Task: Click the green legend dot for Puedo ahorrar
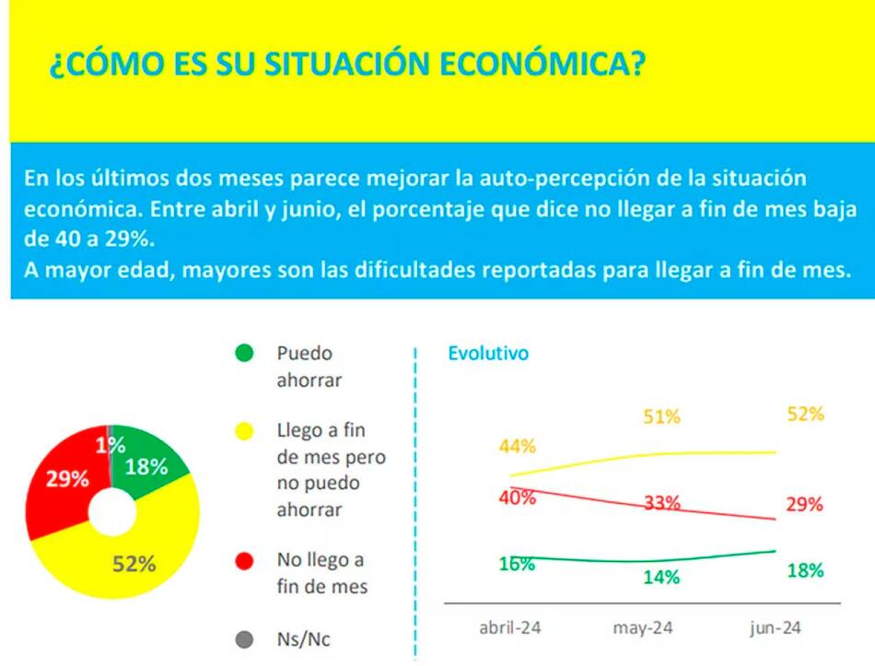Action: (244, 353)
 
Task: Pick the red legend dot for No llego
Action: (244, 560)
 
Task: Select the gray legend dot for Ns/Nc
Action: (244, 637)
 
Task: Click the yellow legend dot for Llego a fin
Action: (244, 430)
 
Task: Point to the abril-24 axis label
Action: (510, 627)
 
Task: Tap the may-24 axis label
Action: (643, 627)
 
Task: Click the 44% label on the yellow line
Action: (518, 447)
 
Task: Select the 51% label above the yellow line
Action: (661, 417)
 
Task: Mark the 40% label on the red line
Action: (518, 497)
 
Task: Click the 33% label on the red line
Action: (661, 503)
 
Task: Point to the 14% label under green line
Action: (661, 578)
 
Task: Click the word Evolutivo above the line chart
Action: (488, 353)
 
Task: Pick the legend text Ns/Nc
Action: (303, 637)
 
